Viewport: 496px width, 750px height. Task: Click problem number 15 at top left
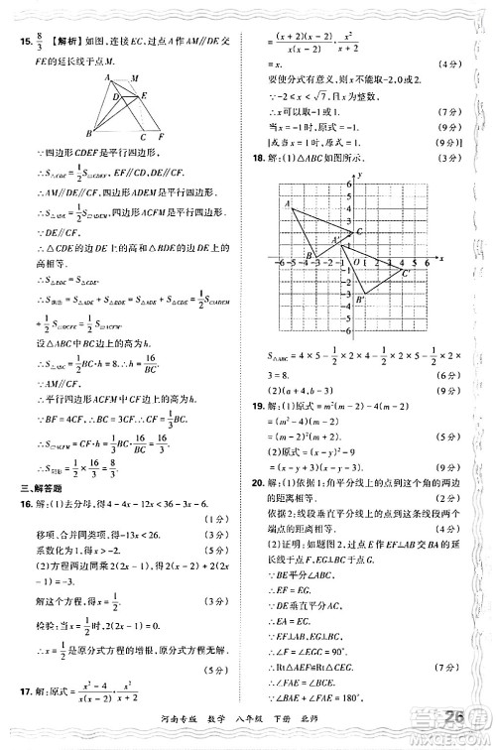coord(24,42)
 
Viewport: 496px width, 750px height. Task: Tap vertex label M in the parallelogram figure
coord(135,78)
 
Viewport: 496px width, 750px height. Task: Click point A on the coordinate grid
coord(288,204)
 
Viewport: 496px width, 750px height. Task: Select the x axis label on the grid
coord(438,256)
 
